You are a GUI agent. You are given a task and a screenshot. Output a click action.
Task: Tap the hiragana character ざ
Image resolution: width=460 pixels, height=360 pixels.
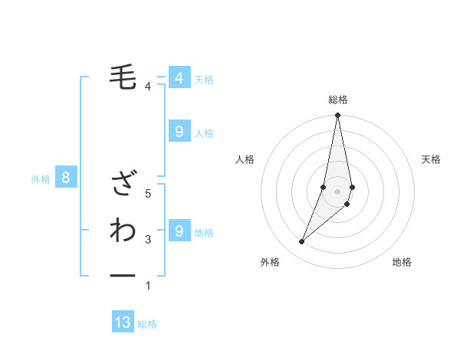coord(123,184)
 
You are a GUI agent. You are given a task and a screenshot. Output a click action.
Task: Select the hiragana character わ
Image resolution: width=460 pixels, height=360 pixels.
coord(123,230)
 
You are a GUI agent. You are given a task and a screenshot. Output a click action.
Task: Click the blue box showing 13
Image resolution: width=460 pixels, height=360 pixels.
coord(123,322)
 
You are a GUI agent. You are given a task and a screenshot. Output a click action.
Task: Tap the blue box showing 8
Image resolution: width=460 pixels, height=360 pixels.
coord(66,178)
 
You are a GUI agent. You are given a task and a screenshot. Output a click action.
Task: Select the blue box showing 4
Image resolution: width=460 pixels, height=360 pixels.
coord(179,77)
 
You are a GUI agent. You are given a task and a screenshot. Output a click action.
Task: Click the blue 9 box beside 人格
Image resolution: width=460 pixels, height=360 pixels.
coord(179,132)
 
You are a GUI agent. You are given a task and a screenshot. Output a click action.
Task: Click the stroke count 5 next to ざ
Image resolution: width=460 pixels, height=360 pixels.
coord(147,194)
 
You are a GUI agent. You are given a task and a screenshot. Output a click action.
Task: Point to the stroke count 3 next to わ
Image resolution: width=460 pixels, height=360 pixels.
coord(147,240)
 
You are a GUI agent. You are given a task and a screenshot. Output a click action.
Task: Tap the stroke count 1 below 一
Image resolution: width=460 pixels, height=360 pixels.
coord(147,286)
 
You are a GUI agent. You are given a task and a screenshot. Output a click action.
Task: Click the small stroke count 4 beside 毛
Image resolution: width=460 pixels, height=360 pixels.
coord(147,87)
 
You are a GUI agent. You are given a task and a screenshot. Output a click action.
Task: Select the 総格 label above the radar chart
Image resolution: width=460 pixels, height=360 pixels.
coord(338,100)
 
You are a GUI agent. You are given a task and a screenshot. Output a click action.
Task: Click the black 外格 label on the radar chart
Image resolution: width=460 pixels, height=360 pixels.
coord(270,262)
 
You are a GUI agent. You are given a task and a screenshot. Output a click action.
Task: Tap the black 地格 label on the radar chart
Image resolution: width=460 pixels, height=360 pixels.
coord(402,262)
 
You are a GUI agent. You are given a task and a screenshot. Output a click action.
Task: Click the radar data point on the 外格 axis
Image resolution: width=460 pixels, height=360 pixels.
coord(301,242)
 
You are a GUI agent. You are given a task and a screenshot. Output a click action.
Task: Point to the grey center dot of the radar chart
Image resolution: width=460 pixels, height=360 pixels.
coord(338,191)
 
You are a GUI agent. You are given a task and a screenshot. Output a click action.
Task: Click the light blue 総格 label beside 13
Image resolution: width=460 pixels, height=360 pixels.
coord(147,324)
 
